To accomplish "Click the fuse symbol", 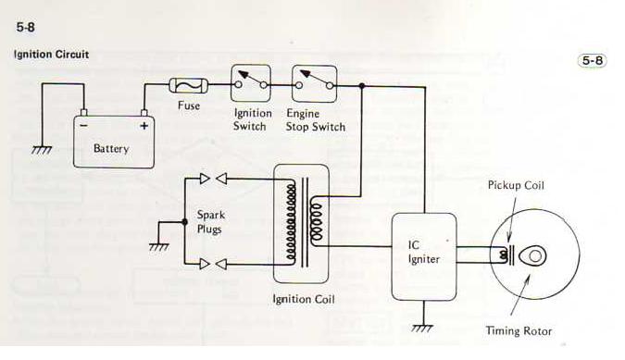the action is click(189, 85).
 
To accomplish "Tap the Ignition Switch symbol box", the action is click(251, 83).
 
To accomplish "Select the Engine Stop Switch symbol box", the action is click(315, 84).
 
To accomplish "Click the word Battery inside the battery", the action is click(111, 149).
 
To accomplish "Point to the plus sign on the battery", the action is click(144, 126).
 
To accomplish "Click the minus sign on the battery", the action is click(83, 126).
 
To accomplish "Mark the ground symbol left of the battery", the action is click(42, 150).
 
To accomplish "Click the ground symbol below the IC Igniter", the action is click(422, 329).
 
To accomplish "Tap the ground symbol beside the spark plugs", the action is click(159, 247).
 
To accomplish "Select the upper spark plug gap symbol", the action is click(213, 179).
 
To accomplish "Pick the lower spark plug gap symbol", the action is click(213, 264).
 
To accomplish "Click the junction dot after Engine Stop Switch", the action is click(361, 86).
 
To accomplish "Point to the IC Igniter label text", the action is click(423, 252).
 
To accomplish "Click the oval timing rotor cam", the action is click(533, 256).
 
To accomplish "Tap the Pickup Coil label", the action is click(516, 186).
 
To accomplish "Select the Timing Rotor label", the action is click(519, 331).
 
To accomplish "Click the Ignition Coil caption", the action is click(304, 299).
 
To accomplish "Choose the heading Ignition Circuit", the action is click(51, 55).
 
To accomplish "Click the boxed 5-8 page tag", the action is click(593, 60).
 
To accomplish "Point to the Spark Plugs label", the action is click(211, 222).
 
